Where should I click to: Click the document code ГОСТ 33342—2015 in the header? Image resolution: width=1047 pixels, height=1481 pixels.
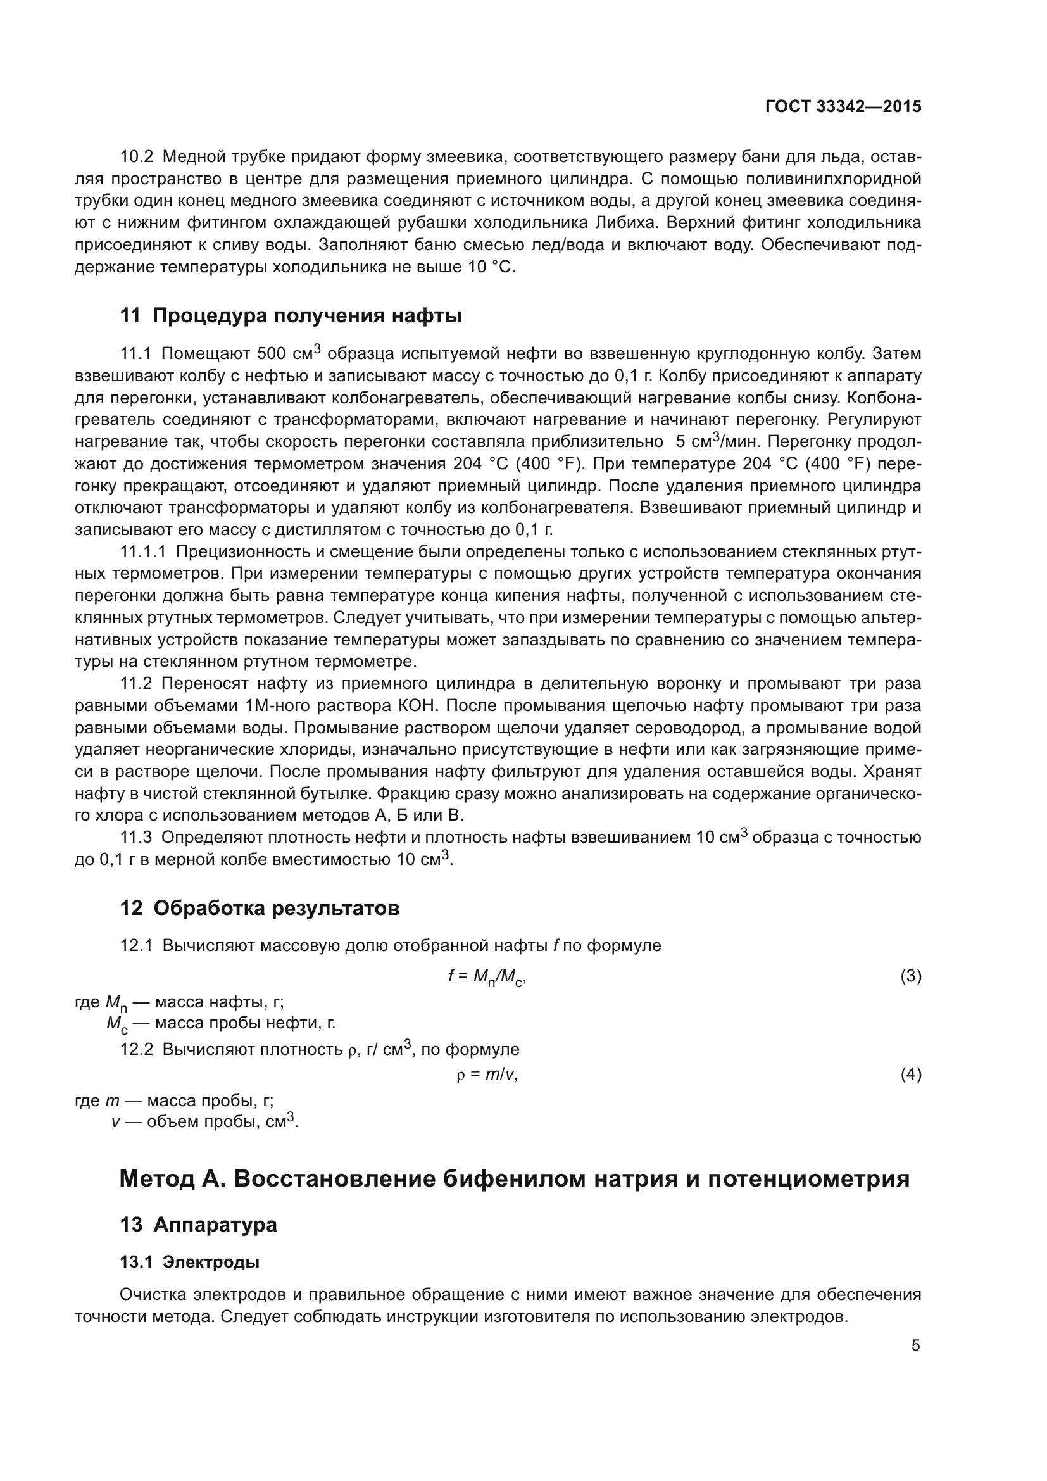tap(843, 107)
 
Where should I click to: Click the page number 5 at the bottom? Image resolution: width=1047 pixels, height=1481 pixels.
tap(915, 1345)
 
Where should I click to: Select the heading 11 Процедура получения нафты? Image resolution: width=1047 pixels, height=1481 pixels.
tap(291, 316)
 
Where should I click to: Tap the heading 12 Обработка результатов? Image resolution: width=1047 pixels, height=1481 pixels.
tap(259, 908)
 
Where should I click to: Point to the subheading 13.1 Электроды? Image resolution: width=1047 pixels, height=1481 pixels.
tap(189, 1262)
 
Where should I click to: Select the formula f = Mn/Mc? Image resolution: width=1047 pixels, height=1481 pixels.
tap(487, 976)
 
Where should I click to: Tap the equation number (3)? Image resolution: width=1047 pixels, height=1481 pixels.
tap(910, 976)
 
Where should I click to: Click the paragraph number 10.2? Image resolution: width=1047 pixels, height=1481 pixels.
tap(137, 157)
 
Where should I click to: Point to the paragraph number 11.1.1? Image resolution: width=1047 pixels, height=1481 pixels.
tap(143, 551)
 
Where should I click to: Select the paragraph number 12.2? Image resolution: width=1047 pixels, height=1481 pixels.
tap(137, 1049)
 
